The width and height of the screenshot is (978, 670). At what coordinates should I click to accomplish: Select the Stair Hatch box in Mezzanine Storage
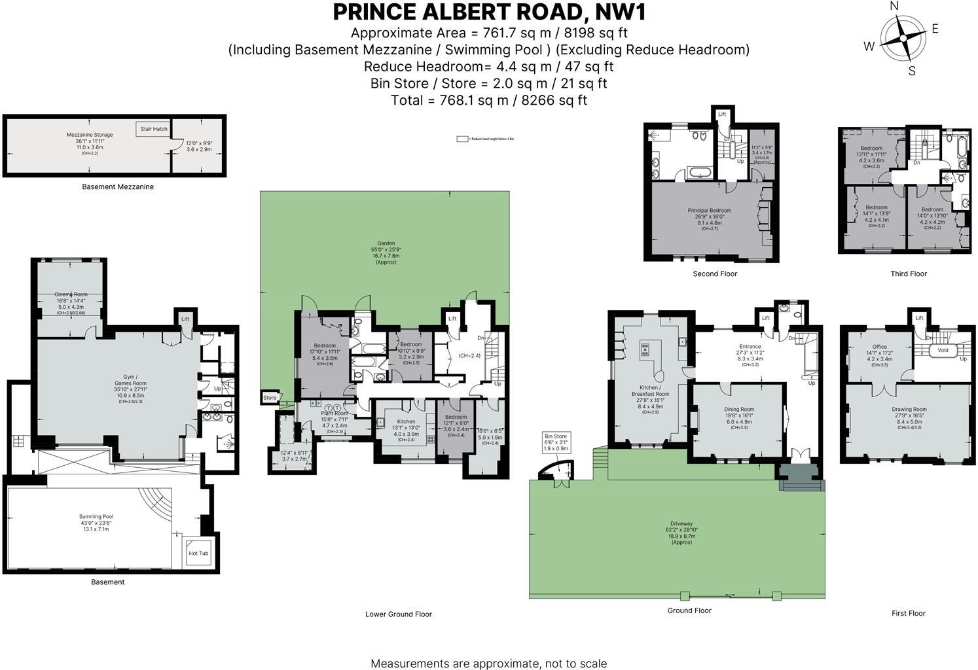click(x=154, y=129)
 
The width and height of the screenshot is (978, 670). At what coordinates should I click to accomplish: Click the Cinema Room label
click(x=71, y=294)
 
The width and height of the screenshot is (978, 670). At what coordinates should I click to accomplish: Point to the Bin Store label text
click(x=556, y=436)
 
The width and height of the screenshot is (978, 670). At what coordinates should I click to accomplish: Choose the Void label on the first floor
click(x=943, y=350)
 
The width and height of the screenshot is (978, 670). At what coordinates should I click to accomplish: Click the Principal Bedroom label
click(x=709, y=211)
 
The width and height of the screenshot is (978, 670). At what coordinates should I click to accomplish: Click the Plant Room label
click(x=335, y=414)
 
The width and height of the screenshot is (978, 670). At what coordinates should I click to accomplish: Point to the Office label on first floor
click(x=879, y=347)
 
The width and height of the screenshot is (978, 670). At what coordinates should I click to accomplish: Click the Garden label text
click(x=386, y=243)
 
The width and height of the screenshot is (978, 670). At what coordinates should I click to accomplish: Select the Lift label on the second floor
click(x=722, y=115)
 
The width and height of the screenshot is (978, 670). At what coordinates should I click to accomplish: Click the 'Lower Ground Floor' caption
click(x=399, y=614)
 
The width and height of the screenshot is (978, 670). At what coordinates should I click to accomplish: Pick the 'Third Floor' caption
click(x=909, y=273)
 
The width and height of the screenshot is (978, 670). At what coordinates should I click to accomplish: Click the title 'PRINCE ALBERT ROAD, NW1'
click(x=489, y=12)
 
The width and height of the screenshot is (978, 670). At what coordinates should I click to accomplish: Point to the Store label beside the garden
click(x=270, y=398)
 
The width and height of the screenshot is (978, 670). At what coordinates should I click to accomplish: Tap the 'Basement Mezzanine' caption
click(x=118, y=187)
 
